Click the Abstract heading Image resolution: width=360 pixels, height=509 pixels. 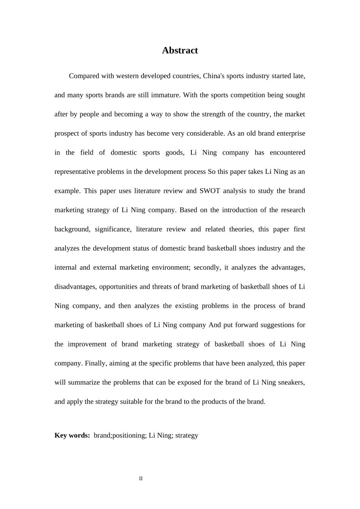(180, 50)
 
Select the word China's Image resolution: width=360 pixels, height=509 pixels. (214, 76)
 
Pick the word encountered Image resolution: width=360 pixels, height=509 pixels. (287, 153)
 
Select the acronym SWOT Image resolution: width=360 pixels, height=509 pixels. (210, 191)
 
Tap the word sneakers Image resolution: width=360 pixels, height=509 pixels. (291, 383)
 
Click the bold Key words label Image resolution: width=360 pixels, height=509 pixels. (72, 436)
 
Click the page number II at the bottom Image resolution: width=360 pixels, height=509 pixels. (141, 479)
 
